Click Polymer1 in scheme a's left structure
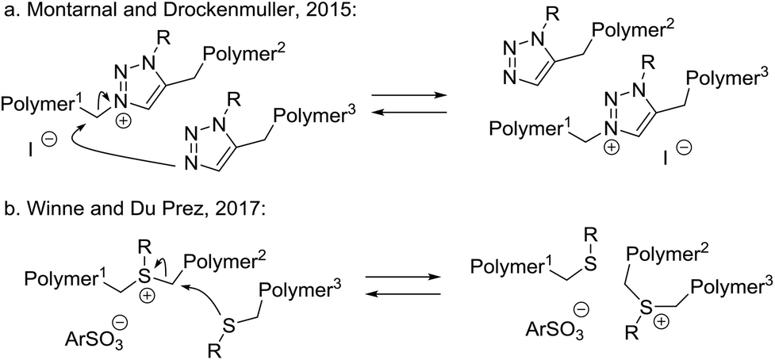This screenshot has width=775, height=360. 38,105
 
